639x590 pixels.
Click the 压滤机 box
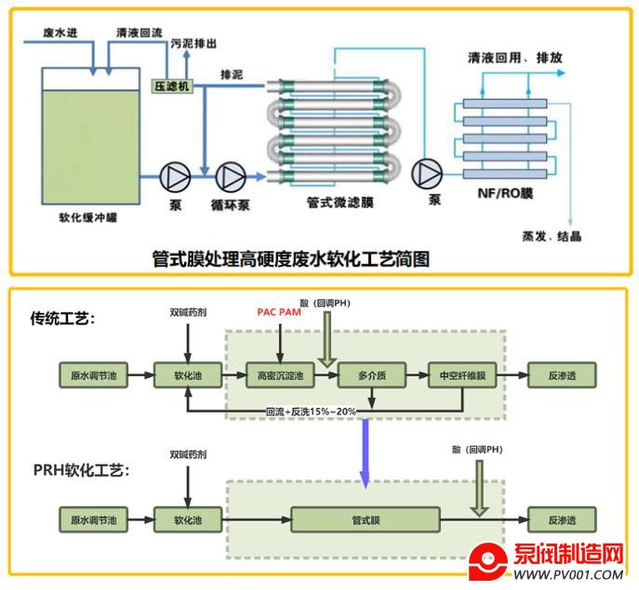[171, 85]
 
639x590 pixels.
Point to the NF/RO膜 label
[499, 195]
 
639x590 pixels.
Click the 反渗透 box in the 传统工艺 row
[561, 377]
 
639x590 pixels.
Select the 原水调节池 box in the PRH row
[93, 519]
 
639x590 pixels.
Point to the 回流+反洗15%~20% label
[311, 412]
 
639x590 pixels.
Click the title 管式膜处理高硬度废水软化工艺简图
[291, 259]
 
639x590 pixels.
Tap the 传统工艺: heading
[64, 320]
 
